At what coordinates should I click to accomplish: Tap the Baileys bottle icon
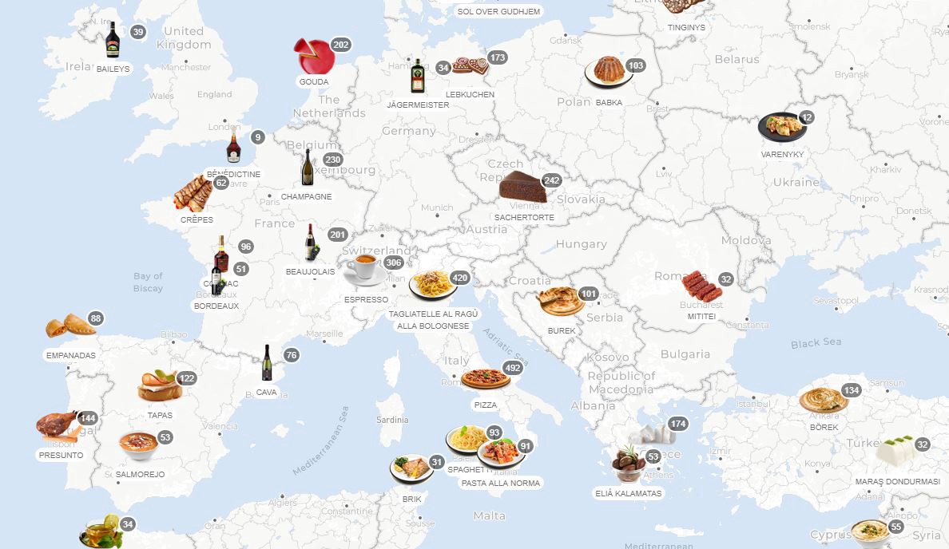113,40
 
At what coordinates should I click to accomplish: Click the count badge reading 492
513,369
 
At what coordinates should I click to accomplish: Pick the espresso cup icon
364,270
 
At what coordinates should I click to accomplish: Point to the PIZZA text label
486,405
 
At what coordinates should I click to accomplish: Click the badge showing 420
459,278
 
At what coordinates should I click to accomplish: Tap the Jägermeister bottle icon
417,77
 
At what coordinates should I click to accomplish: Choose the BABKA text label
609,103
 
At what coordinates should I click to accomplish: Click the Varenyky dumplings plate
781,127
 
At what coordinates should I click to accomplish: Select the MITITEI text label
701,317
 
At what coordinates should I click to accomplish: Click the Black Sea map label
816,343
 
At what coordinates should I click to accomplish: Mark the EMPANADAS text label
71,356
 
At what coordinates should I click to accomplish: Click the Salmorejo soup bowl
138,445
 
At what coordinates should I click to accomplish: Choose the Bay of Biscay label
149,282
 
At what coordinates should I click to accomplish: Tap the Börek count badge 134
852,390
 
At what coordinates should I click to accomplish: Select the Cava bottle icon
267,363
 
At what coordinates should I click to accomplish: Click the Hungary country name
581,244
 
